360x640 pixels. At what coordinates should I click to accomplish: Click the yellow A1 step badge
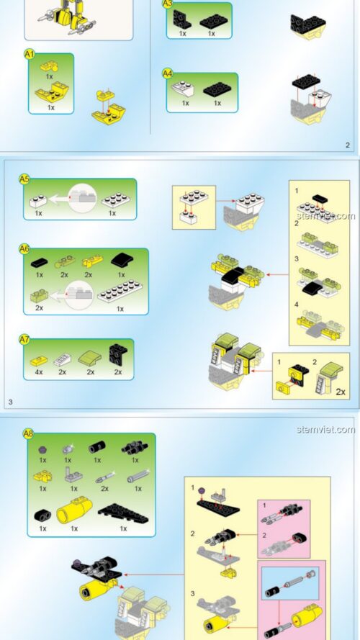pos(29,54)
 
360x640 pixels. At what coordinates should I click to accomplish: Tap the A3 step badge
pos(167,4)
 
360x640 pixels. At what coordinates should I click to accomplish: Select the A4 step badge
pos(167,73)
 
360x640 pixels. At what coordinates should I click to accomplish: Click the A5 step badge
pos(24,179)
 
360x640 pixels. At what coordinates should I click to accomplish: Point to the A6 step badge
pos(24,248)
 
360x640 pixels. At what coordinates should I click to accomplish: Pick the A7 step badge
pos(24,339)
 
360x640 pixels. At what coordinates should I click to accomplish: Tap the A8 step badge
pos(28,433)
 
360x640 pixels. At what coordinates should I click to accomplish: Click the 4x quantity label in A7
pos(39,372)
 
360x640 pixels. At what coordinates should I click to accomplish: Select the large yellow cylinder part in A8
pos(74,510)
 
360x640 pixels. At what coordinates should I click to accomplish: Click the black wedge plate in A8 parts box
pos(123,513)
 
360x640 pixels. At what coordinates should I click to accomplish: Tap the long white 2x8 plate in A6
pos(120,291)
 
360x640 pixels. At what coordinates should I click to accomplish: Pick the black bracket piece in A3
pos(181,19)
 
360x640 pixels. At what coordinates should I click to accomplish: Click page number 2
pos(348,145)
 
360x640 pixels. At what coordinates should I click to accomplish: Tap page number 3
pos(10,402)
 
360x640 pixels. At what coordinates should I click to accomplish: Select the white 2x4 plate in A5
pos(116,200)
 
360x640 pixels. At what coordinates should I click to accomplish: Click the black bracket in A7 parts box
pos(118,354)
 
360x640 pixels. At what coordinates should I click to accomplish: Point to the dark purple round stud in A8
pos(42,450)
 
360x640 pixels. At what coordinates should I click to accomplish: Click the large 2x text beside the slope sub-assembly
pos(341,392)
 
